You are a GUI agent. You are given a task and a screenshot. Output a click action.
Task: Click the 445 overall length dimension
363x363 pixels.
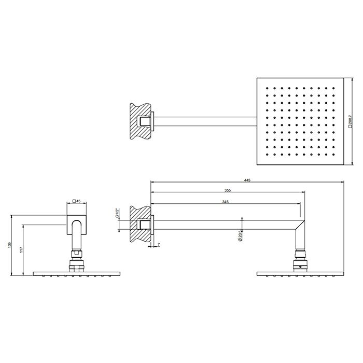click(247, 179)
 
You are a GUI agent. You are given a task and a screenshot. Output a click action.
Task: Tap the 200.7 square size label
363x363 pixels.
click(351, 122)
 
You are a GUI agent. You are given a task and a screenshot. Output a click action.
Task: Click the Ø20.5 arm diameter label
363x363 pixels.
click(240, 236)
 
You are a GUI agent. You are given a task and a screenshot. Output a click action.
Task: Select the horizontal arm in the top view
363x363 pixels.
click(205, 121)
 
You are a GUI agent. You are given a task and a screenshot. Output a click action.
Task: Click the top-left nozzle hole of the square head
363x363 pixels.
click(267, 89)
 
